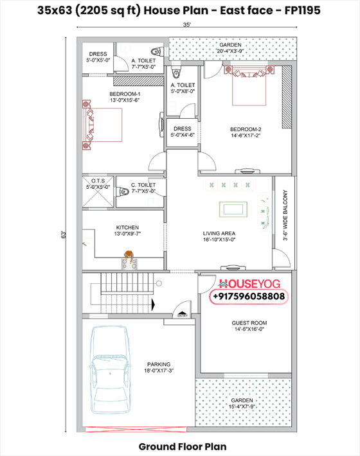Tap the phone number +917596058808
click(x=249, y=297)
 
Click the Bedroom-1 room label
click(x=107, y=96)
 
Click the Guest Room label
click(x=249, y=326)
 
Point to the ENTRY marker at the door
click(x=183, y=316)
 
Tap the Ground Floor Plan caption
click(x=182, y=445)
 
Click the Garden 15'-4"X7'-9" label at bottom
click(x=247, y=403)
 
